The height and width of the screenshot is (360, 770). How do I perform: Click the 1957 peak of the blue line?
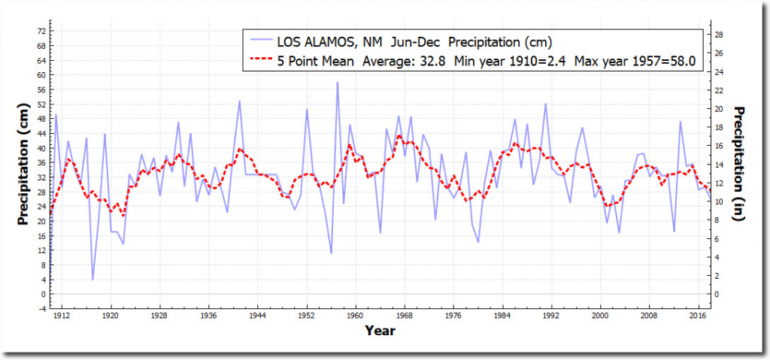tap(337, 83)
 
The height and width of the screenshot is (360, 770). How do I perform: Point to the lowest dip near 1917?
tap(92, 280)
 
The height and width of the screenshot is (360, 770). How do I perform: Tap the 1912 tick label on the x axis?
tap(62, 316)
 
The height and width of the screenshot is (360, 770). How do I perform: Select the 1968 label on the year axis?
tap(405, 316)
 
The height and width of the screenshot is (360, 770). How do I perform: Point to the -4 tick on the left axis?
tap(41, 308)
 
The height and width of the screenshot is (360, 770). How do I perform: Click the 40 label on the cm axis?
tap(41, 148)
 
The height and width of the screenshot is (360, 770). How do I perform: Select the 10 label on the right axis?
tap(719, 201)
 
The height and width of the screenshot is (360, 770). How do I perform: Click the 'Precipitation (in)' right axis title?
tap(740, 166)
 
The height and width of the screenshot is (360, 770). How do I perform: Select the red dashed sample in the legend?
tap(259, 60)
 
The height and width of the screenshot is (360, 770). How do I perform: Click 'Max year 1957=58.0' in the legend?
tap(636, 60)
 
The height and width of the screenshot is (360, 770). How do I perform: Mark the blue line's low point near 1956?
tap(331, 253)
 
